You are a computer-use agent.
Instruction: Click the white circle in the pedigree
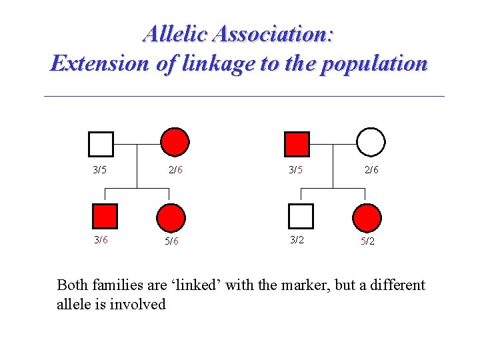coord(371,141)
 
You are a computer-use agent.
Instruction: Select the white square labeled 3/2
coord(301,216)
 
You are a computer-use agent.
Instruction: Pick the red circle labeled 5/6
coord(171,217)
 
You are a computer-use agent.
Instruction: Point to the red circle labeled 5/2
coord(367,217)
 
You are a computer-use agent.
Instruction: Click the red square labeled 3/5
coord(297,143)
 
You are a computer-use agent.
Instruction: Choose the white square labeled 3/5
coord(101,143)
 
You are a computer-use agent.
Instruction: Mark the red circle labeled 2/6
coord(175,141)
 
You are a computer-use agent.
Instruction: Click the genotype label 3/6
coord(100,240)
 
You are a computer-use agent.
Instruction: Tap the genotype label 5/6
coord(172,241)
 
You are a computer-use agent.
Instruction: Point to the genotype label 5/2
coord(367,241)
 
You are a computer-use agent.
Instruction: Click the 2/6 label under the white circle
coord(371,170)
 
